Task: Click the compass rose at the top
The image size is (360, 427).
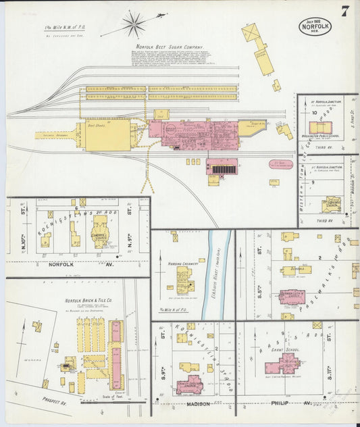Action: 134,24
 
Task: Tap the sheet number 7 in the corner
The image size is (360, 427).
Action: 345,11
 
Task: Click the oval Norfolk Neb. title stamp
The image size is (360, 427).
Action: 315,26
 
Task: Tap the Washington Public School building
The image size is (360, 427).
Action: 319,127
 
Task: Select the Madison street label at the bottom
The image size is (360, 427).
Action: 198,404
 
